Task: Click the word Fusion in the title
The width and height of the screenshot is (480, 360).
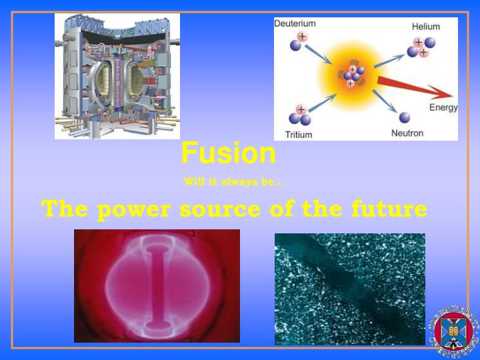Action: click(x=229, y=153)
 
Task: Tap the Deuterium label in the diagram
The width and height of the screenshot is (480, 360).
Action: click(x=295, y=23)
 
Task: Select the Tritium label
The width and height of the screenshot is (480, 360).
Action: click(x=298, y=134)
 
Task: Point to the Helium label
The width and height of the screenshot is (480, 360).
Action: click(x=426, y=27)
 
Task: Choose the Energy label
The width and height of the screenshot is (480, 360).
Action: click(x=443, y=107)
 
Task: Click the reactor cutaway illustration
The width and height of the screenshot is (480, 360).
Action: click(x=117, y=76)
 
